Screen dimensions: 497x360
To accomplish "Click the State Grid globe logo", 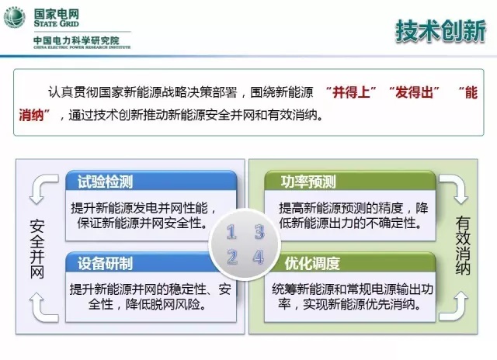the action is click(15, 17).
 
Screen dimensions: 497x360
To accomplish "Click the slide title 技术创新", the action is click(440, 31).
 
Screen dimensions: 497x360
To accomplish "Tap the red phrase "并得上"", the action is click(351, 92).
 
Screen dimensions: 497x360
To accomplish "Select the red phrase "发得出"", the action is click(414, 92).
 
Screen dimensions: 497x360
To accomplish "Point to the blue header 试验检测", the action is click(106, 182).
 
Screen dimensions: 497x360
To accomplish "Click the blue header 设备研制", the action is click(106, 263).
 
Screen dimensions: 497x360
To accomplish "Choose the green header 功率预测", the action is click(308, 182).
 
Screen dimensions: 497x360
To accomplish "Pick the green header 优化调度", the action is click(312, 263).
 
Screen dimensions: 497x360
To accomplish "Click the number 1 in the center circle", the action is click(231, 232).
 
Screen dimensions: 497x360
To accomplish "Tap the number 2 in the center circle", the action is click(232, 257).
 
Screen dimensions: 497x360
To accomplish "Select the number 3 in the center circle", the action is click(259, 232).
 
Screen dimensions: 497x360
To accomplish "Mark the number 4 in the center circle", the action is click(259, 257).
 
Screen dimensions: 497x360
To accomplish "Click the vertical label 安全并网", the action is click(37, 249).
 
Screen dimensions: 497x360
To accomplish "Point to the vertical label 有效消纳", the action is click(463, 245).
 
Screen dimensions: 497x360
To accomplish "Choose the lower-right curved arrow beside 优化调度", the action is click(454, 306).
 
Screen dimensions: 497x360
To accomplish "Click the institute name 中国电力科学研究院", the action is click(76, 40).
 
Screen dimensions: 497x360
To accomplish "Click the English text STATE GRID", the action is click(57, 23).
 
